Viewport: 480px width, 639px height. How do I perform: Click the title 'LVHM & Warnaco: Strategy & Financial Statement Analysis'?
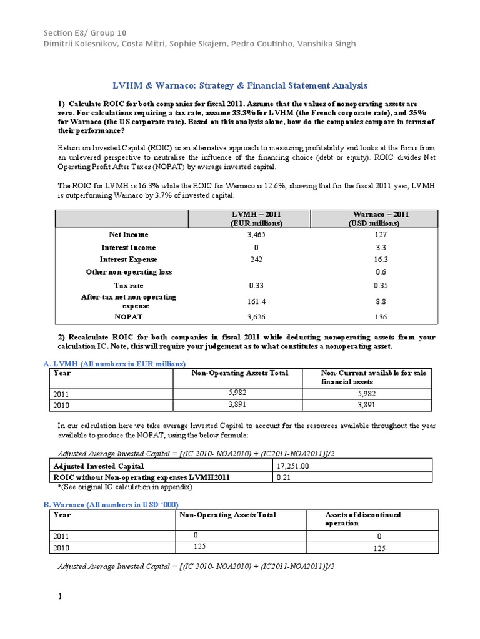[239, 85]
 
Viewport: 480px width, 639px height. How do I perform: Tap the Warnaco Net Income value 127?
[381, 235]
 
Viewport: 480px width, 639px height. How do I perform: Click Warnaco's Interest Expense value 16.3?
[381, 260]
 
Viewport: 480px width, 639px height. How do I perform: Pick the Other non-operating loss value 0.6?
[381, 272]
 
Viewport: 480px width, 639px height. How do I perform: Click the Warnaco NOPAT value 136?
[381, 316]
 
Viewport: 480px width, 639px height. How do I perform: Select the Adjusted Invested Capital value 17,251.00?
[294, 466]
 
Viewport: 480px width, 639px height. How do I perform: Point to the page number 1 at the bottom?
[61, 597]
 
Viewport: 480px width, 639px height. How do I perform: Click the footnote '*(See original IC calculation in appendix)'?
[121, 487]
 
